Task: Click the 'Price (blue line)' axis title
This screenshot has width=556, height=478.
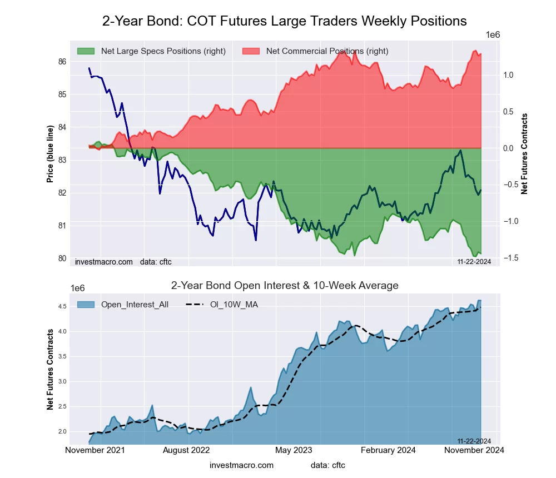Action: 50,154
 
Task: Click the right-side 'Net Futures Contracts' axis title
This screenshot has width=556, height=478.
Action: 524,154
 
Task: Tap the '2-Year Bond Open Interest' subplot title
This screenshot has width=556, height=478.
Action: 284,286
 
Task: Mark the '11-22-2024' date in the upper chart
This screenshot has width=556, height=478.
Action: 474,262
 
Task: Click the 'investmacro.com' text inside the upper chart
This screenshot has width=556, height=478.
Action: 104,262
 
